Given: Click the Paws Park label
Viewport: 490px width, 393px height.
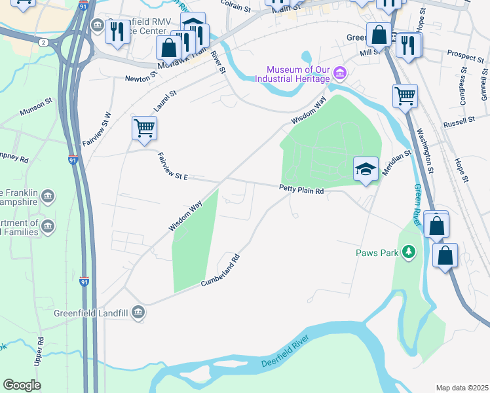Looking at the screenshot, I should coord(377,252).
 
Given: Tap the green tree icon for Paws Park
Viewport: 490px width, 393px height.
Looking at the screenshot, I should coord(409,252).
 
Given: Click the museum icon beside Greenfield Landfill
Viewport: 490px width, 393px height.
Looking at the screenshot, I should coord(138,312).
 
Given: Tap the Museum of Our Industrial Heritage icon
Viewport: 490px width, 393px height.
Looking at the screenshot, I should coord(339,71).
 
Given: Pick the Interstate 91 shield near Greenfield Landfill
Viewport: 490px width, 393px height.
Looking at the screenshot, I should coord(84,282).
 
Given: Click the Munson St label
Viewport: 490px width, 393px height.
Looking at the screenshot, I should coord(35,105).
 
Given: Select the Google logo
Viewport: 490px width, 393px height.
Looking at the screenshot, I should coord(22,385).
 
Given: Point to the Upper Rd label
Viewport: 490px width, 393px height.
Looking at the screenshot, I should coord(40,352).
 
